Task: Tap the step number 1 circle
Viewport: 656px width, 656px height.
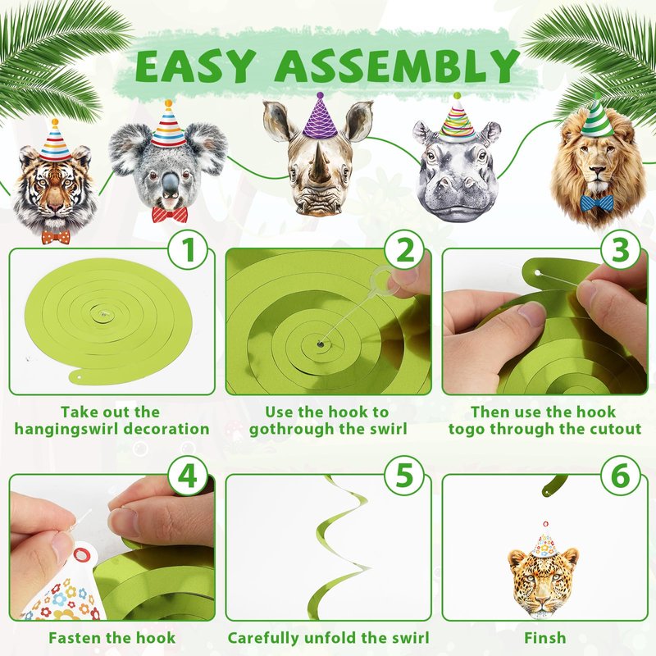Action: click(189, 250)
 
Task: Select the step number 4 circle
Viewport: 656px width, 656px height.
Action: click(189, 476)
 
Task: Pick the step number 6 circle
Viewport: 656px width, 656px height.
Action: click(621, 476)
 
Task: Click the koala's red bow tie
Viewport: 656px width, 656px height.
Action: click(170, 214)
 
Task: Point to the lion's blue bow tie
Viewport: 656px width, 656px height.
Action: click(596, 203)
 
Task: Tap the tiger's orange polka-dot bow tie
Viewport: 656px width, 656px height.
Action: click(56, 236)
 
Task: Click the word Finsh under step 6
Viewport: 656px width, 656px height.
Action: click(544, 638)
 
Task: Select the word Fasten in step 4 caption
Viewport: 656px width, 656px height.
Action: click(75, 638)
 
